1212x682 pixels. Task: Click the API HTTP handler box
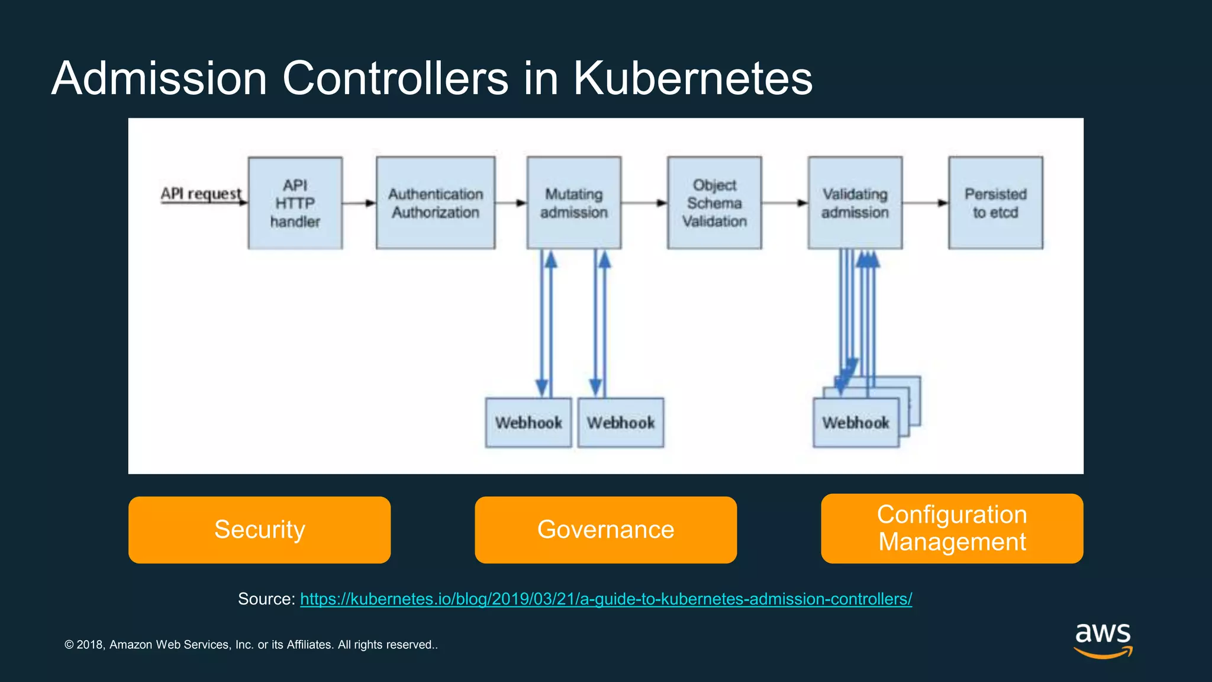point(295,203)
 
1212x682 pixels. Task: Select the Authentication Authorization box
point(436,203)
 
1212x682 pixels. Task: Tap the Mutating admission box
point(573,203)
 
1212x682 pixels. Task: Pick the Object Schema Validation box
point(714,203)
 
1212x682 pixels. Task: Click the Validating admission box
point(855,203)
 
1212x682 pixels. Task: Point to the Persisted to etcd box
point(995,203)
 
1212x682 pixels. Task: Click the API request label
point(201,194)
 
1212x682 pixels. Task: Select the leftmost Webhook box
point(528,423)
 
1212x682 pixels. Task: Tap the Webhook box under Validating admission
point(856,423)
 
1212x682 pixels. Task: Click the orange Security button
point(259,530)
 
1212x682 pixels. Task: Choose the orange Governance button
point(605,530)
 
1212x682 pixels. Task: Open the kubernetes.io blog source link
point(605,599)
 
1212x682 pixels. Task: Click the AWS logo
point(1103,640)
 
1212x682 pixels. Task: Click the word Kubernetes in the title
point(693,78)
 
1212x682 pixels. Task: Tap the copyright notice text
point(251,645)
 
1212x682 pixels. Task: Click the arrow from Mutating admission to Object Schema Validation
point(644,203)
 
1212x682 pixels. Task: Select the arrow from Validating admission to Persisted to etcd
point(925,203)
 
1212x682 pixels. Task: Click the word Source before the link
point(266,599)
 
